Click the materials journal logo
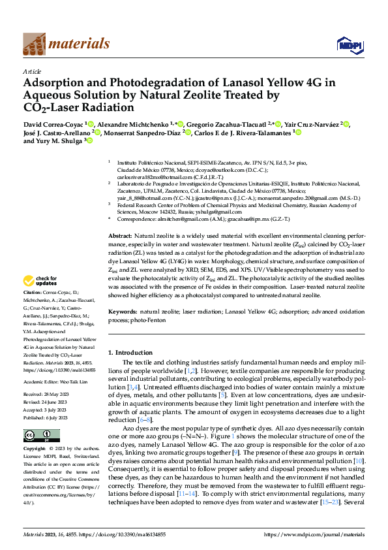66,44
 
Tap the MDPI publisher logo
349,44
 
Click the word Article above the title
32,71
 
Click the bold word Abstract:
120,235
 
